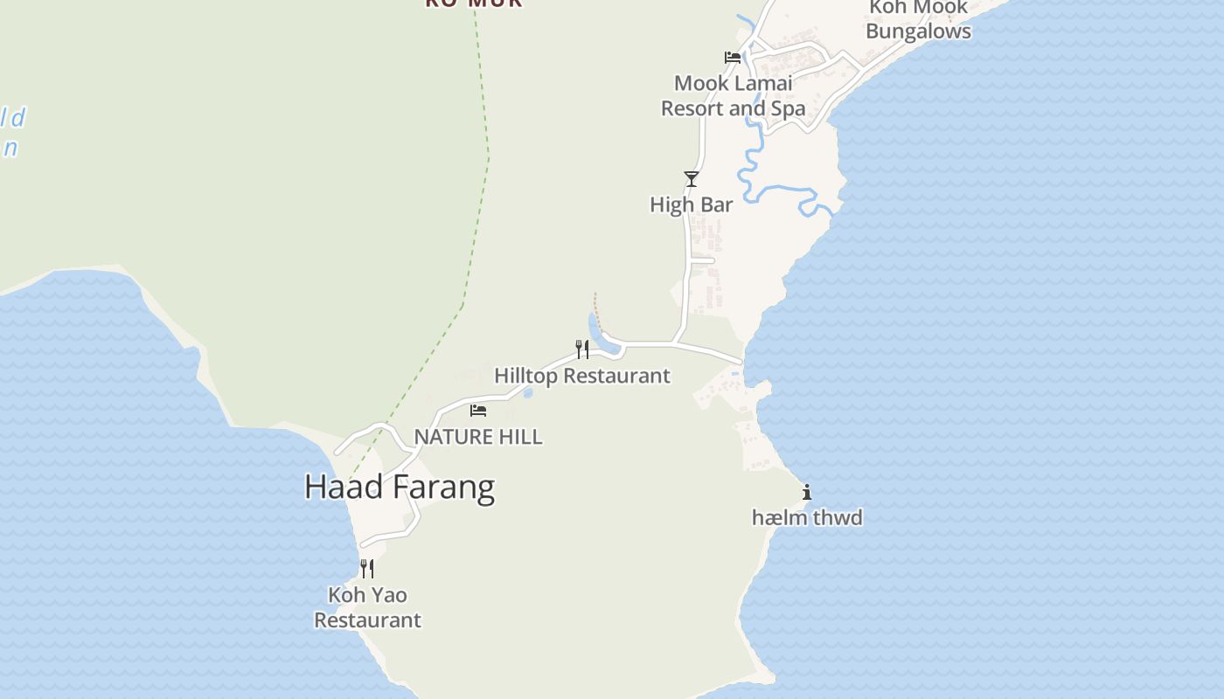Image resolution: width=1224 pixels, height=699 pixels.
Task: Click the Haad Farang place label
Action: point(400,487)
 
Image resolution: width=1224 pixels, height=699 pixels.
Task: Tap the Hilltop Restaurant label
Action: point(581,376)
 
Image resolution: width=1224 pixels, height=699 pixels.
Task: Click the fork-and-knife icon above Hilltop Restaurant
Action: point(581,349)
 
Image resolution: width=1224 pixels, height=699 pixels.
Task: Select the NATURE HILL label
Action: point(477,436)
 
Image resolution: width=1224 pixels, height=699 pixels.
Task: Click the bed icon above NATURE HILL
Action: point(478,410)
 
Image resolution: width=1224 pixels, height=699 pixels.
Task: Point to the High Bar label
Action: point(691,204)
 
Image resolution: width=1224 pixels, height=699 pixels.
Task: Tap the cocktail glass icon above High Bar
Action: point(692,179)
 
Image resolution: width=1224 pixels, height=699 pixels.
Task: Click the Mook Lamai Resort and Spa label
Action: point(733,96)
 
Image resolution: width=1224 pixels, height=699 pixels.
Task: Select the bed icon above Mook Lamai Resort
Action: point(733,58)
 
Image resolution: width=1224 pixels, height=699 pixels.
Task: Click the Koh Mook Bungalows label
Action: point(918,19)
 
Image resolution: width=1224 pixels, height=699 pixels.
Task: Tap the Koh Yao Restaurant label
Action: point(367,607)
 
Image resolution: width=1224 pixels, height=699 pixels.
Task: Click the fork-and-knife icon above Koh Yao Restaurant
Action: point(367,569)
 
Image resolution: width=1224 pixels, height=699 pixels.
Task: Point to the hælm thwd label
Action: point(807,517)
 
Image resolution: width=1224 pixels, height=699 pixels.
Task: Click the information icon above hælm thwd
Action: point(806,492)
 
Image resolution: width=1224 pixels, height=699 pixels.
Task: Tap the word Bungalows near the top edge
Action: point(918,31)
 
